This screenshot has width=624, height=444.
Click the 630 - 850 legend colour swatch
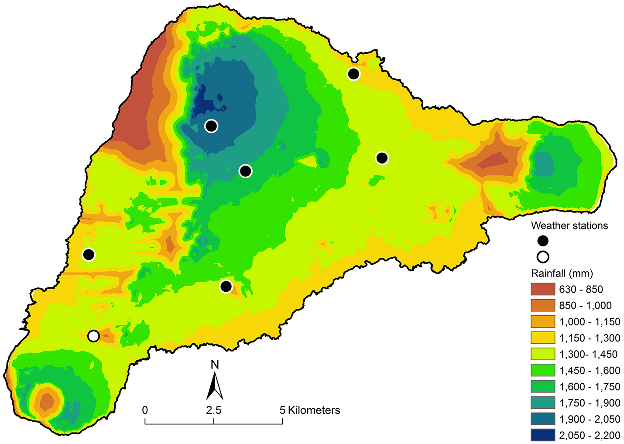[x=543, y=289]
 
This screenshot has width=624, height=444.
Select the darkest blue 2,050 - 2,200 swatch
[x=543, y=435]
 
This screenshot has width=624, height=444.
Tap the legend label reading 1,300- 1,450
[x=588, y=354]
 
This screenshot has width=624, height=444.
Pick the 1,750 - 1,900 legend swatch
[x=543, y=403]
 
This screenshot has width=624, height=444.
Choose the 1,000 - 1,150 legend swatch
[x=543, y=322]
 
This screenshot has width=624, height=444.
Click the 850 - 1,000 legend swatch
[x=543, y=305]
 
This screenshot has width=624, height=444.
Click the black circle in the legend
[x=543, y=241]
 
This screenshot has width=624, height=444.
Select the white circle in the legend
[x=543, y=257]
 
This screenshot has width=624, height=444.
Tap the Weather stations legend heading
[x=569, y=225]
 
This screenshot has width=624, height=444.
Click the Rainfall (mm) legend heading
[x=562, y=273]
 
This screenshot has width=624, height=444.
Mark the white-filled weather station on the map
[x=93, y=336]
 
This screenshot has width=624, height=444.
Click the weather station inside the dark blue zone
[x=211, y=126]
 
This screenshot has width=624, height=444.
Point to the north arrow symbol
[x=214, y=386]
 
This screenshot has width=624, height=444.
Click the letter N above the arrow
[x=214, y=365]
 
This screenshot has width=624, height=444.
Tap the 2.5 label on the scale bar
[x=214, y=410]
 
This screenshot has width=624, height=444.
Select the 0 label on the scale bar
[x=145, y=410]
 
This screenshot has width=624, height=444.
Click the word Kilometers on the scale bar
[x=314, y=410]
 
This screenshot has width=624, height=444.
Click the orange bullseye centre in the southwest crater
[x=46, y=401]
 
